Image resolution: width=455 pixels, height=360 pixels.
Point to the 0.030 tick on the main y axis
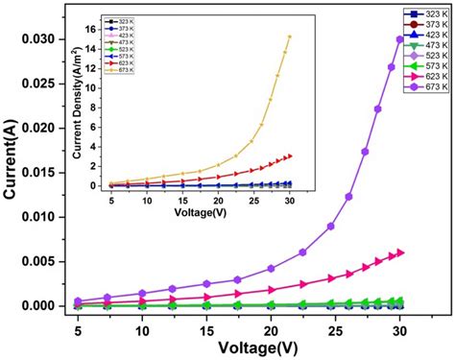(x=43, y=39)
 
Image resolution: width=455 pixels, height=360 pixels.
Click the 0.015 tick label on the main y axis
(x=43, y=173)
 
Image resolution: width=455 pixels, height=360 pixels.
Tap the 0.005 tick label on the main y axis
(x=43, y=261)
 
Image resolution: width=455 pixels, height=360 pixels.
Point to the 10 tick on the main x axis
(x=142, y=329)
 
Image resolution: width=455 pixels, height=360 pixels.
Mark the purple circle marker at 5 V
(x=78, y=301)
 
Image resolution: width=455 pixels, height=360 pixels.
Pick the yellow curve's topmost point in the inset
(x=289, y=36)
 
